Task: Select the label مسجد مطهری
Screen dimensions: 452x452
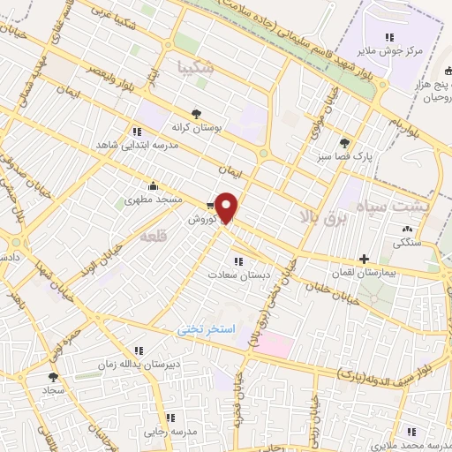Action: [154, 201]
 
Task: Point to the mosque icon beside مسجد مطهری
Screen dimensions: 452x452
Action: [154, 185]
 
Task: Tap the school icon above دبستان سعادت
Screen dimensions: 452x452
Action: [237, 260]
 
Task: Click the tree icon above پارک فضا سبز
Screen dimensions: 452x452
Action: [343, 141]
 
